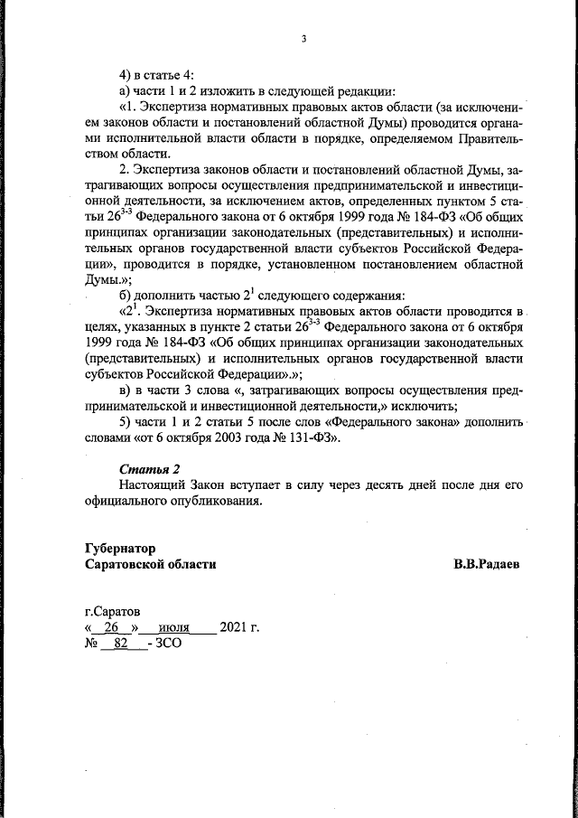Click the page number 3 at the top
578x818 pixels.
tap(304, 38)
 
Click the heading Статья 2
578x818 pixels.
tap(150, 468)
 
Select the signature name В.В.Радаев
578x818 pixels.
tap(487, 564)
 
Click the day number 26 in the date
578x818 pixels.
tap(112, 627)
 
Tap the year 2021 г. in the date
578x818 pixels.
tap(239, 627)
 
